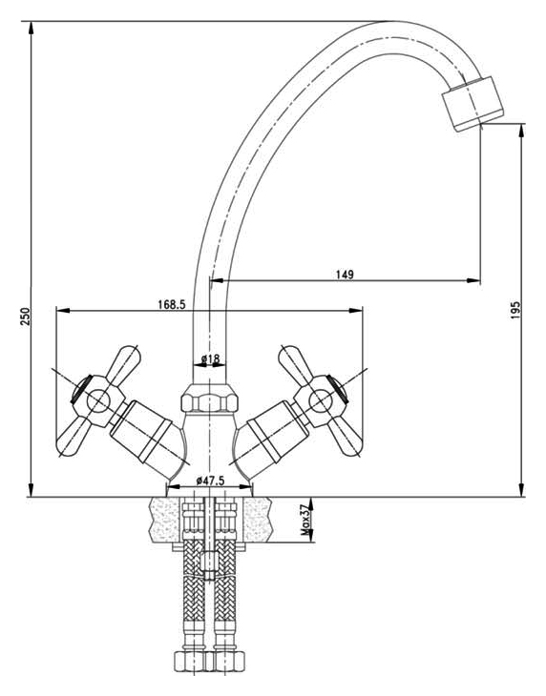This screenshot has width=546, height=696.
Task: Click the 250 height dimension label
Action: tap(26, 317)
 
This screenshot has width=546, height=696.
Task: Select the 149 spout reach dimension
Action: tap(345, 275)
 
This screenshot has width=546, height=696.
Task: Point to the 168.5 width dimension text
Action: tap(172, 304)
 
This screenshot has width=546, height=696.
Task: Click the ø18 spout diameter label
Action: tap(210, 358)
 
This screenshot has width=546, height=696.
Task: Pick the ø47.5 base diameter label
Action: tap(210, 480)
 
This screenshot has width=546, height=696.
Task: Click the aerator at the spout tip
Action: tap(472, 104)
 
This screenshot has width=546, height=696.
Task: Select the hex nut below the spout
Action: tap(209, 398)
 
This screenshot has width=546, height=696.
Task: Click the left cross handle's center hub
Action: tap(97, 401)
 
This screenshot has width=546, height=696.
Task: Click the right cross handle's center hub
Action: tap(321, 401)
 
